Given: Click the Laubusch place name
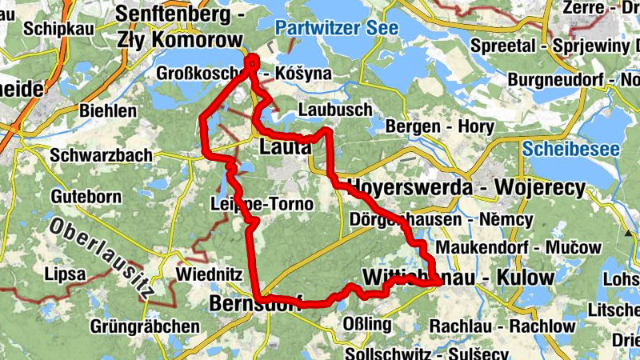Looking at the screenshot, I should pos(323,109).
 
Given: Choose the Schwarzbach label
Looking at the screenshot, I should pos(90,155).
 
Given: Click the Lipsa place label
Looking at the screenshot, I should pos(65,274).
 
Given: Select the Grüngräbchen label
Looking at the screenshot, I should pos(144,326).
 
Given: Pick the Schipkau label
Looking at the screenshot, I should pos(61,28).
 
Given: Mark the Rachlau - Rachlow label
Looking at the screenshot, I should pos(502,326).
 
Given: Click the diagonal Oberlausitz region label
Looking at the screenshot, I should pos(101,257).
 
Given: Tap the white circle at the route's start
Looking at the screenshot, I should pos(252,60).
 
